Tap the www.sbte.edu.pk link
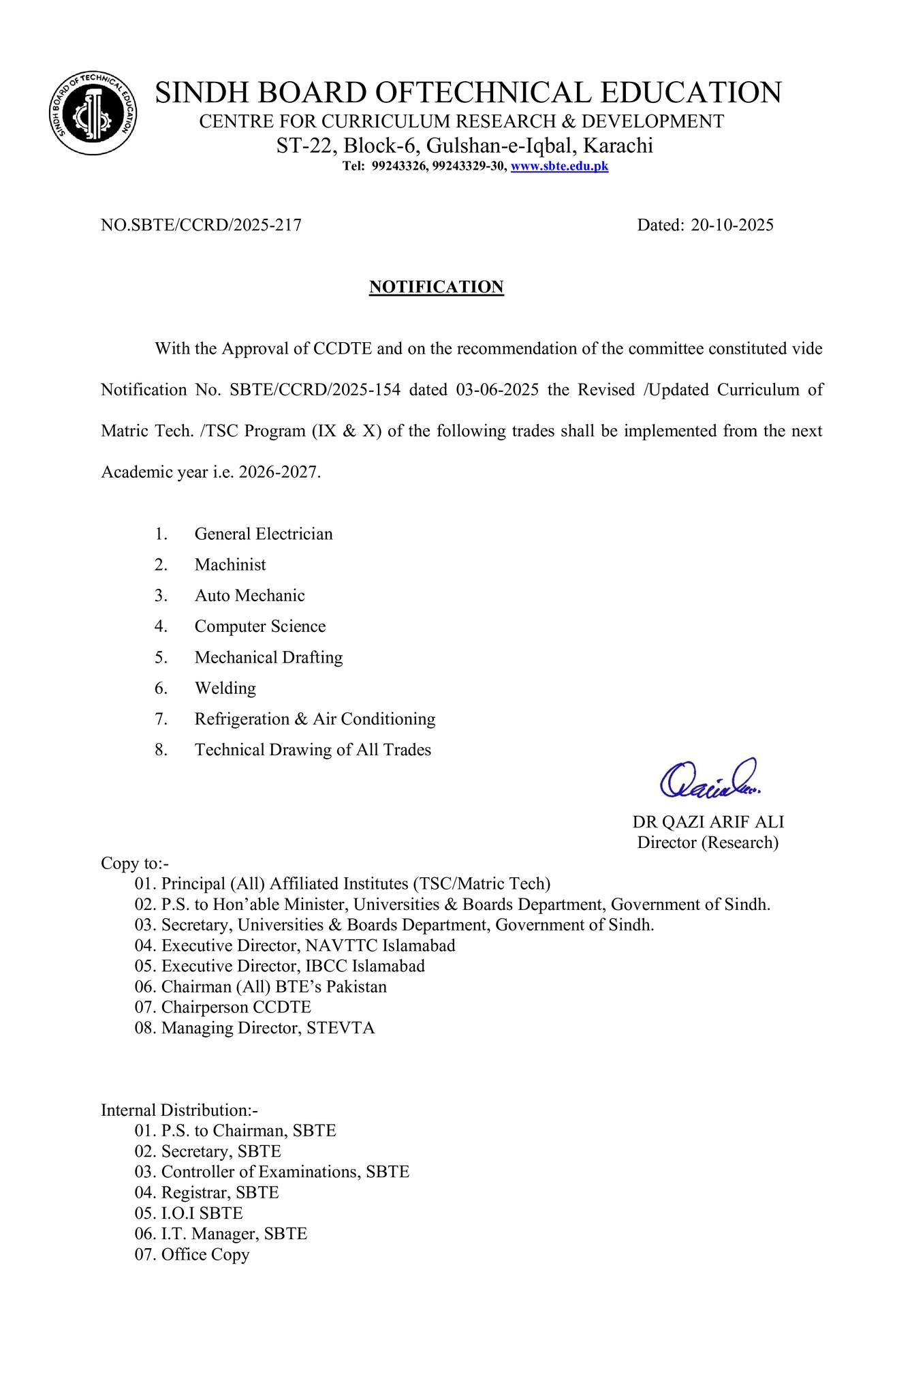(559, 166)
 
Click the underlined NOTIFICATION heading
(436, 287)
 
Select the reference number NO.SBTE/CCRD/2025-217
(201, 225)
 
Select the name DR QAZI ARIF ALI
(708, 821)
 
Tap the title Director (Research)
(708, 843)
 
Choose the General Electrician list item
(264, 534)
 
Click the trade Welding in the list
(225, 688)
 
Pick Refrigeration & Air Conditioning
(315, 719)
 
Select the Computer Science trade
(260, 626)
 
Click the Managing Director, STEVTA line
(268, 1027)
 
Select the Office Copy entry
(205, 1254)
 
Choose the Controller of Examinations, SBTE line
(285, 1172)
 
